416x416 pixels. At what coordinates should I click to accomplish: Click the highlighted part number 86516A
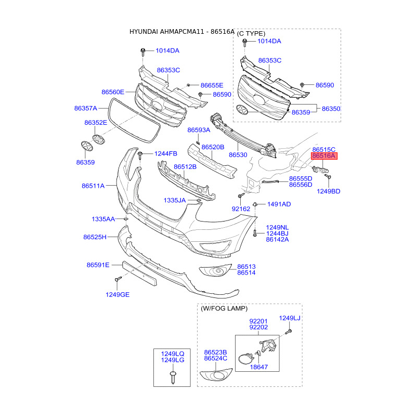[324, 155]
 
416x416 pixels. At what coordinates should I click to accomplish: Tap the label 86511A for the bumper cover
[93, 186]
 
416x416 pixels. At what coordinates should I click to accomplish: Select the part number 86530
[238, 154]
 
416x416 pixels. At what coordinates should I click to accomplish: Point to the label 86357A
[86, 108]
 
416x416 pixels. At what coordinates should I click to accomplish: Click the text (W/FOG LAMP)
[224, 308]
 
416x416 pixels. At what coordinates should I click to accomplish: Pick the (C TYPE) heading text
[251, 34]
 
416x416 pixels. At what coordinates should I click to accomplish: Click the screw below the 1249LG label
[173, 377]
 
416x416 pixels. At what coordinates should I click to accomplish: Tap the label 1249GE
[118, 294]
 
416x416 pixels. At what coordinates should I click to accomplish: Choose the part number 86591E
[98, 265]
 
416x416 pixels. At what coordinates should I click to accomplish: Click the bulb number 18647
[259, 367]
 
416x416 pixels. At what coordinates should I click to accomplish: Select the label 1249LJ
[290, 318]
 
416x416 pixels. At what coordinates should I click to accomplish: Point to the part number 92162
[241, 209]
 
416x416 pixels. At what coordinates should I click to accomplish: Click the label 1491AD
[279, 204]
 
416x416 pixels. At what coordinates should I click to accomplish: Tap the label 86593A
[199, 129]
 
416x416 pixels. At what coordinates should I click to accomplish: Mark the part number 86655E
[212, 85]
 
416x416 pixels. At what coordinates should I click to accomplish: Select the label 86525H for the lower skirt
[95, 237]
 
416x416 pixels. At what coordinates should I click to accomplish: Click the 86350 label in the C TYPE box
[331, 109]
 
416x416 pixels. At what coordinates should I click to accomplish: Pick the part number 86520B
[213, 147]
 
